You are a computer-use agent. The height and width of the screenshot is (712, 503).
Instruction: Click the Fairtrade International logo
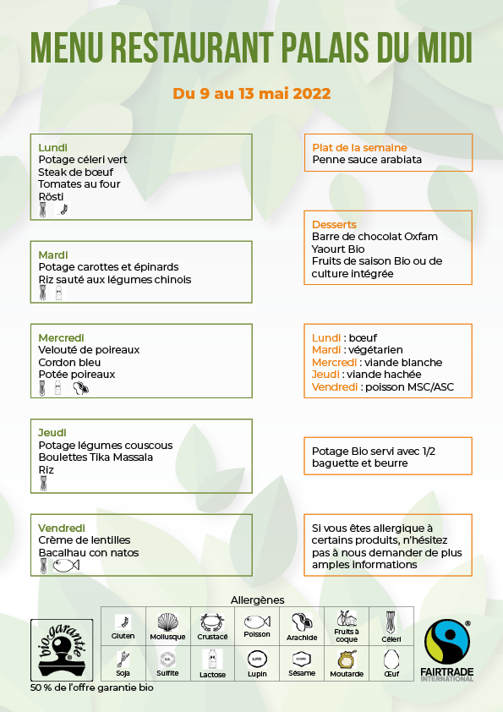click(448, 649)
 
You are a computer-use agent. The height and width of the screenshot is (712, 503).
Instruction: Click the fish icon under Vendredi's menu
click(66, 567)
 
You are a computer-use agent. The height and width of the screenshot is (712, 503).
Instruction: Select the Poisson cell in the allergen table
click(257, 626)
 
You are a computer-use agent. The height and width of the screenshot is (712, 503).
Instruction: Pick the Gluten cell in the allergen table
click(123, 626)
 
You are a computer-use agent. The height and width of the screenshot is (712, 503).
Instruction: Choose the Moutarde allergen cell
click(347, 664)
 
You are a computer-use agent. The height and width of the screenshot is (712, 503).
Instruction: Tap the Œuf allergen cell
click(391, 664)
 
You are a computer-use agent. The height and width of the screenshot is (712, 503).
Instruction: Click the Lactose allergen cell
click(212, 664)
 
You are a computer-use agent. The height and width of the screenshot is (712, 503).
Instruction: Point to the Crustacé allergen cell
click(212, 626)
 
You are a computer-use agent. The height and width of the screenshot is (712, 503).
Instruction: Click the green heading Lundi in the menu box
click(53, 147)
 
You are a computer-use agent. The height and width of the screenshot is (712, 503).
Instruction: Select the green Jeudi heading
click(52, 433)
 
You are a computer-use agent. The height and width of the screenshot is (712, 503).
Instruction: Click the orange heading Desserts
click(334, 224)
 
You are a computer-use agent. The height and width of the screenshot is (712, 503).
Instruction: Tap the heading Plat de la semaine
click(359, 147)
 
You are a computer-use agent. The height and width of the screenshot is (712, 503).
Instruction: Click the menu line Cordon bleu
click(71, 362)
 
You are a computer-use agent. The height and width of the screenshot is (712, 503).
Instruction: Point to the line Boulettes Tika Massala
click(96, 457)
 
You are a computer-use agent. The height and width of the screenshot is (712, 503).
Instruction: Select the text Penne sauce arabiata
click(367, 159)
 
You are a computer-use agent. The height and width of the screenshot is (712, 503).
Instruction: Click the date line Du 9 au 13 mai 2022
click(252, 93)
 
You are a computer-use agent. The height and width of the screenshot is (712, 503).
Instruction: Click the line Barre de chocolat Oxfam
click(375, 237)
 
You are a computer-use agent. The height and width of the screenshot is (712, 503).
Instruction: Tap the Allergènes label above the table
click(257, 600)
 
